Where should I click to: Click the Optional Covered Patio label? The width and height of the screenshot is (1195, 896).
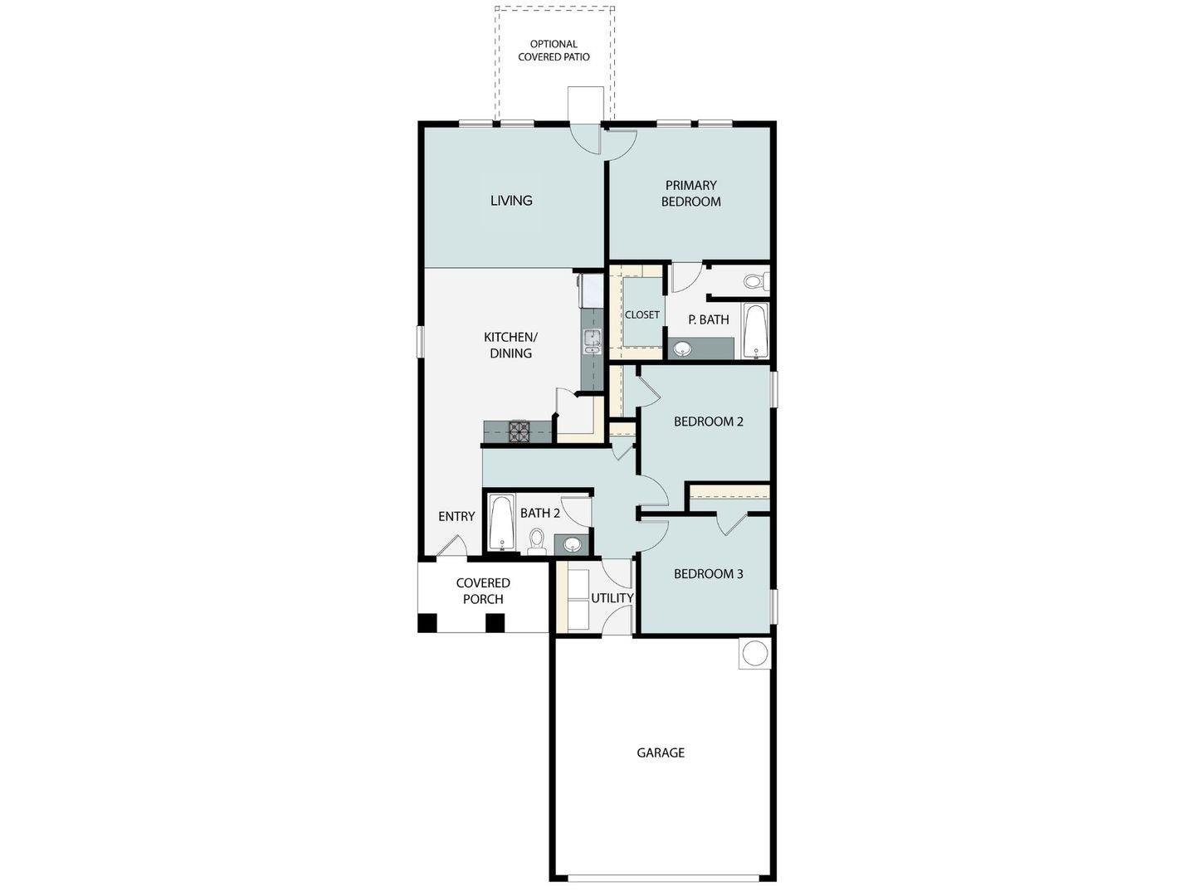pyautogui.click(x=554, y=51)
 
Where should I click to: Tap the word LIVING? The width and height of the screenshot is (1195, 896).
pyautogui.click(x=511, y=200)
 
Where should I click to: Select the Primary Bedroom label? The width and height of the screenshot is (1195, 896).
pyautogui.click(x=690, y=193)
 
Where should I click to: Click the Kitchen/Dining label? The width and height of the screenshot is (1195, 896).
pyautogui.click(x=510, y=345)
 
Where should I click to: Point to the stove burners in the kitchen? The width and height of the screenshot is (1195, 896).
pyautogui.click(x=519, y=431)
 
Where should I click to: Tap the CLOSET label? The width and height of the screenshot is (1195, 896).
pyautogui.click(x=641, y=314)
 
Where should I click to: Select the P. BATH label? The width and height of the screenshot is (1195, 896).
pyautogui.click(x=709, y=319)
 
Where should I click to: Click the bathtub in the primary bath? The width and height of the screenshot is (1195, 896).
pyautogui.click(x=755, y=331)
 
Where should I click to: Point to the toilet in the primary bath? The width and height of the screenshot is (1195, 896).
pyautogui.click(x=754, y=281)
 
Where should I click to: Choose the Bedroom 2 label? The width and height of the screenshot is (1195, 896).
pyautogui.click(x=708, y=421)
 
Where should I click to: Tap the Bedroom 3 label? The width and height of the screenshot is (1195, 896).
pyautogui.click(x=708, y=574)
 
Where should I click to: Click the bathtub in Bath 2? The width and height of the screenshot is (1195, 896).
pyautogui.click(x=501, y=522)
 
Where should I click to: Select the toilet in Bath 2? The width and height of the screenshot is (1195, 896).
pyautogui.click(x=536, y=541)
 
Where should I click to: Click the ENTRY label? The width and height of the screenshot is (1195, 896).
pyautogui.click(x=456, y=517)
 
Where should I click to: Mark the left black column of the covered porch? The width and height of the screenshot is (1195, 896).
pyautogui.click(x=427, y=622)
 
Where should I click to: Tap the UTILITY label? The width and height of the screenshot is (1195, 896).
pyautogui.click(x=612, y=598)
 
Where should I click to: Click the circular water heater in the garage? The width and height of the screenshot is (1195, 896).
pyautogui.click(x=755, y=653)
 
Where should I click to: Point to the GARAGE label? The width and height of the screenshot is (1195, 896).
pyautogui.click(x=661, y=753)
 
